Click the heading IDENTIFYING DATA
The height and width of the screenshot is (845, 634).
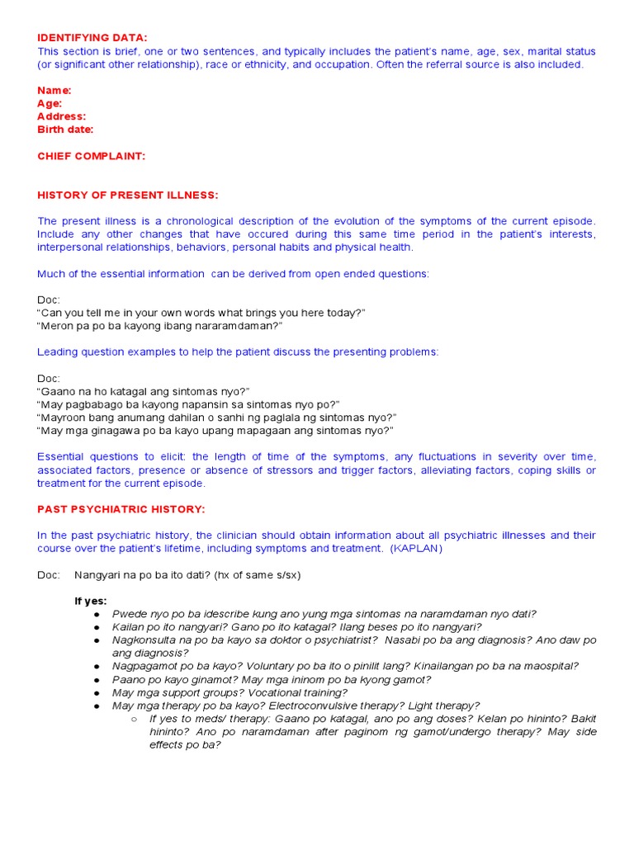pos(92,38)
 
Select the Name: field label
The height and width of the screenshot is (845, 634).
pos(54,90)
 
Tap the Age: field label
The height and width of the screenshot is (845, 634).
pos(50,103)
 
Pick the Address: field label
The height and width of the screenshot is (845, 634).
pos(61,116)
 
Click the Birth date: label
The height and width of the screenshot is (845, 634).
pos(65,130)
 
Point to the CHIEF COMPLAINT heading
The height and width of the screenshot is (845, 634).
pos(91,156)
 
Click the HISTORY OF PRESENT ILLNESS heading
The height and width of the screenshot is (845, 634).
pos(128,195)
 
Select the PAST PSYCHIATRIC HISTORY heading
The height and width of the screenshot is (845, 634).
pos(121,509)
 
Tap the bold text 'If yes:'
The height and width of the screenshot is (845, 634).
pos(91,601)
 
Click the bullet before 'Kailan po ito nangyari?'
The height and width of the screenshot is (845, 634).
pos(97,627)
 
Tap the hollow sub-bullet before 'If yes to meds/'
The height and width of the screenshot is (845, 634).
pos(134,719)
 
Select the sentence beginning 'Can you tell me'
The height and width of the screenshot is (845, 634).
pos(201,313)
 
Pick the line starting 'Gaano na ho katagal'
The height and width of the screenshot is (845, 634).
pos(143,391)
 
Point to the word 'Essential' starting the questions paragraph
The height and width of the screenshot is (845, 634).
pos(62,457)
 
